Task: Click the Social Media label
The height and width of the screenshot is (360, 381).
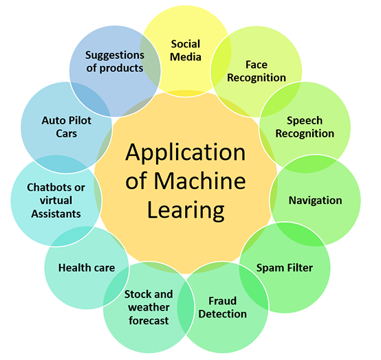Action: pos(186,50)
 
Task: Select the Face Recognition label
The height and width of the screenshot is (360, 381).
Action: pos(256,71)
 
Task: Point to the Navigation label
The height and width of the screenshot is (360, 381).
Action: pos(315,201)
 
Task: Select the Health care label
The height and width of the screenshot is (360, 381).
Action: pos(86,267)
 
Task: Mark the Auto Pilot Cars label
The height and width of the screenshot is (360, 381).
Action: pos(66,126)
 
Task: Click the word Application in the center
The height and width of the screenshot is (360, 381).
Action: pos(185,151)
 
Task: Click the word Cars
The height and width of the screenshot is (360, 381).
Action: pos(66,133)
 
